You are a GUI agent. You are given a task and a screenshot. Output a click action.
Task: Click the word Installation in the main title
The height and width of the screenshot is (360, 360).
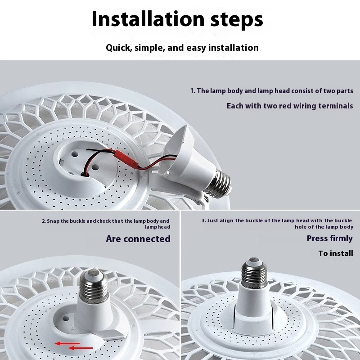click(148, 19)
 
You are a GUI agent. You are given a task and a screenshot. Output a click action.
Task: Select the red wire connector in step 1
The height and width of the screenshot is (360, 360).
click(126, 159)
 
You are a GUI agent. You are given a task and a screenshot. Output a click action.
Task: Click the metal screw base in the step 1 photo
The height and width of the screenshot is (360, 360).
click(218, 184)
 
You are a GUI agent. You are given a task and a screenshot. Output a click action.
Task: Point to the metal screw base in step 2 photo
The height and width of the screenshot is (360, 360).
click(94, 285)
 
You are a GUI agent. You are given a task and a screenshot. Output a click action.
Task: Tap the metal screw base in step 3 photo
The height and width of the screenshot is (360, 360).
click(254, 273)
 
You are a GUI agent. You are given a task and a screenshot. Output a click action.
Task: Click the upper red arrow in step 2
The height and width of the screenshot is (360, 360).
click(67, 343)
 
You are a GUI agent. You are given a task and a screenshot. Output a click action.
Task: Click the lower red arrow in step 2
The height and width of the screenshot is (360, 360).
click(81, 348)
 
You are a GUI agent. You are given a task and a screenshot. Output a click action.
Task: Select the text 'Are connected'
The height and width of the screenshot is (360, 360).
click(138, 239)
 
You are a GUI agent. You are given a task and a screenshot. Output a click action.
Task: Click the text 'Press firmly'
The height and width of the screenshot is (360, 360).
click(330, 238)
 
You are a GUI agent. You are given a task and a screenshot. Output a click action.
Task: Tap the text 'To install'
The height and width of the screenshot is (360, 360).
click(336, 253)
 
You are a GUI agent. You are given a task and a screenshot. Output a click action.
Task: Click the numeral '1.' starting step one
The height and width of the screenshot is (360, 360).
click(193, 91)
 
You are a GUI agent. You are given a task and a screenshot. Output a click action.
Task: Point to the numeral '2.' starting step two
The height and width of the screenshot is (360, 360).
click(44, 221)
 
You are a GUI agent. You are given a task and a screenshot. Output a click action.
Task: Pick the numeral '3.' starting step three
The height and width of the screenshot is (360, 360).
click(204, 220)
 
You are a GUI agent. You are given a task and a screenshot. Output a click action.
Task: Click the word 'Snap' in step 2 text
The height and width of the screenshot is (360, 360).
click(53, 221)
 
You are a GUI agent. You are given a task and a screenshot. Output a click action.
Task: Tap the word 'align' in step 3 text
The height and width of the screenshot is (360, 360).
click(227, 221)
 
